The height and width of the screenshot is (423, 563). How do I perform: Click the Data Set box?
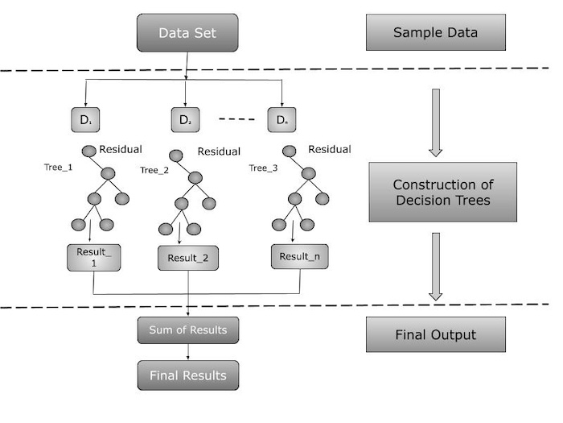click(x=187, y=33)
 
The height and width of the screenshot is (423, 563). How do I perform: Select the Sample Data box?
click(x=435, y=33)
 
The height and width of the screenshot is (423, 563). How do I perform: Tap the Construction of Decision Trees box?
click(x=442, y=192)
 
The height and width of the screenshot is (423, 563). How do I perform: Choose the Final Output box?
click(x=435, y=334)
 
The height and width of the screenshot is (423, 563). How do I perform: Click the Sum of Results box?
click(x=188, y=330)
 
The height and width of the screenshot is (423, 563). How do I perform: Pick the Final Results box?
click(x=188, y=375)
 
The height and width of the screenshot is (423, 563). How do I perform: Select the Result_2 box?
click(x=188, y=258)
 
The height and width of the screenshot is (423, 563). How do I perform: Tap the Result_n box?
click(x=299, y=257)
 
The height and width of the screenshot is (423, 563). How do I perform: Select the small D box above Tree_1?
click(x=86, y=120)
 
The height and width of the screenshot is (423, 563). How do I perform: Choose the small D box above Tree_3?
click(x=281, y=120)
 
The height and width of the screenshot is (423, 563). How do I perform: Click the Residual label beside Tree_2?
click(x=219, y=151)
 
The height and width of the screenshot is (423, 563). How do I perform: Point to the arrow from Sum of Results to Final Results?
click(x=188, y=352)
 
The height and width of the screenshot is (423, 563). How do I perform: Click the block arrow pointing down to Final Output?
click(x=435, y=266)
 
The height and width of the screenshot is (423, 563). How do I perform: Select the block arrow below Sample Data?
click(x=435, y=121)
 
